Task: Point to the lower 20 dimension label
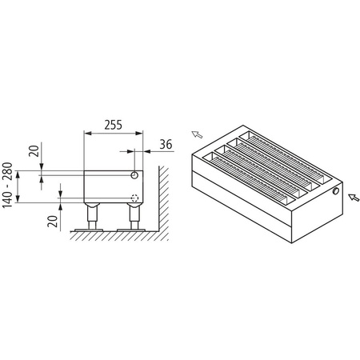(52, 220)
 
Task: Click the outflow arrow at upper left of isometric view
(196, 133)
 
